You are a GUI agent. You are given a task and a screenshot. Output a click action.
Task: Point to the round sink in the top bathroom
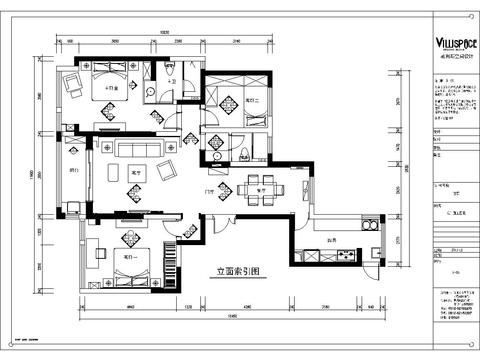(x=152, y=93)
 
